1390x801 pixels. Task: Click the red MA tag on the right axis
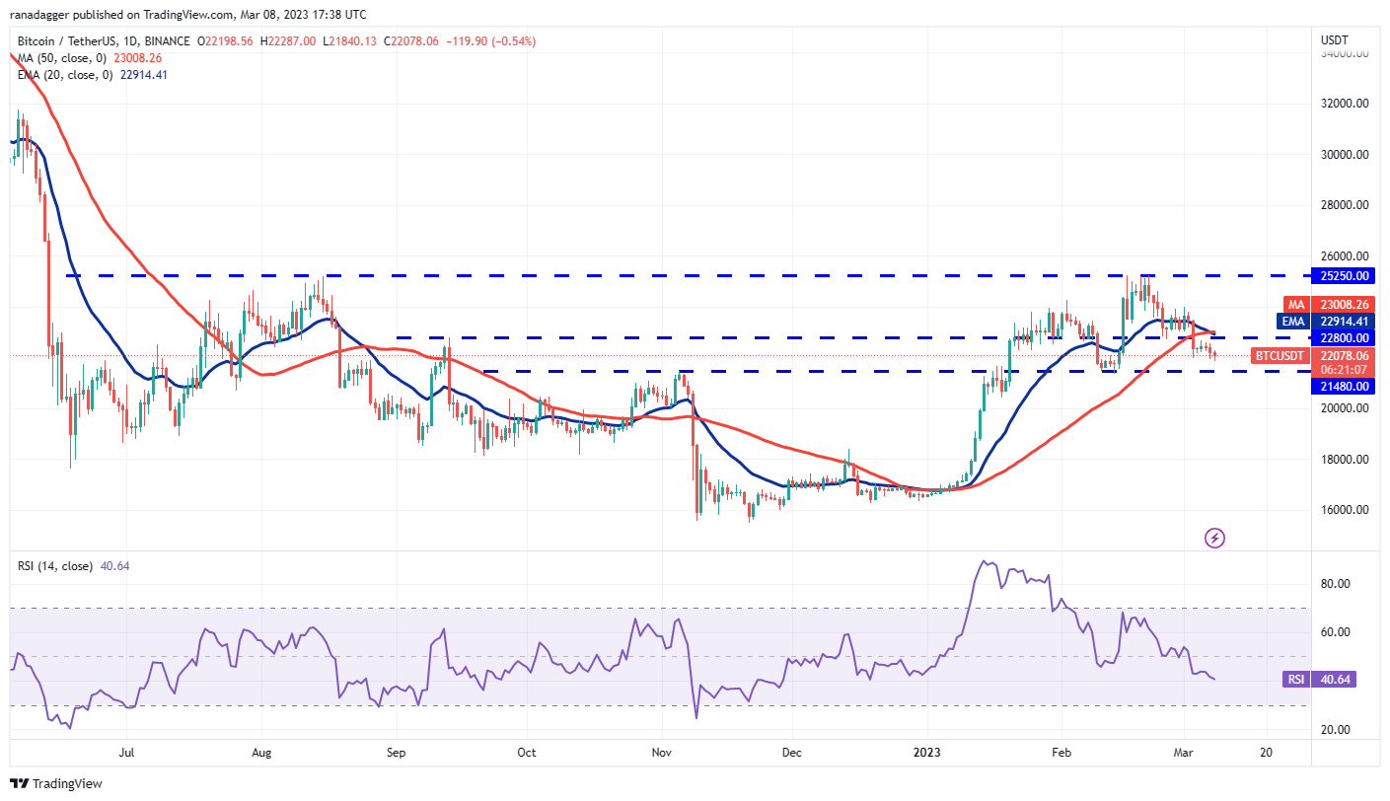(1295, 305)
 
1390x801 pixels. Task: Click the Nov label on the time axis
(662, 752)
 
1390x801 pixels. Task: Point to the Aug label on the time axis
(261, 752)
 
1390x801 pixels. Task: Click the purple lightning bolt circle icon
(1215, 538)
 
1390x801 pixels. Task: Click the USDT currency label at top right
(1337, 40)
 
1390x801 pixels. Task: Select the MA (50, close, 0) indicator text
(63, 57)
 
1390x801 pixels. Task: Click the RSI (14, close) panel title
(55, 566)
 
